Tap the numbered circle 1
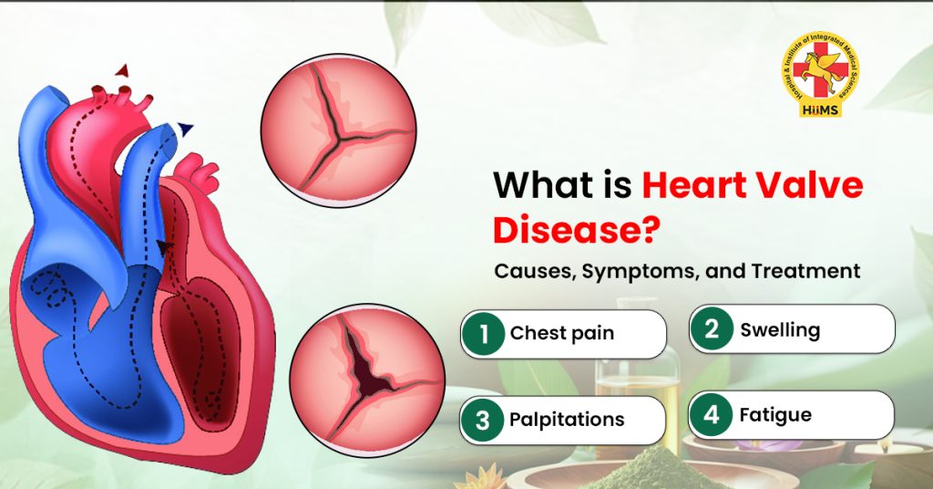click(483, 333)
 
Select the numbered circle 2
click(712, 329)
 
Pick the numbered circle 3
click(483, 420)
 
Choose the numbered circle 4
click(712, 415)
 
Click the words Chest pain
click(562, 333)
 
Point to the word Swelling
click(780, 329)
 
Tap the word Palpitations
click(567, 420)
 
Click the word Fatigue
click(775, 415)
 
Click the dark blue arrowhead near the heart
click(186, 130)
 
